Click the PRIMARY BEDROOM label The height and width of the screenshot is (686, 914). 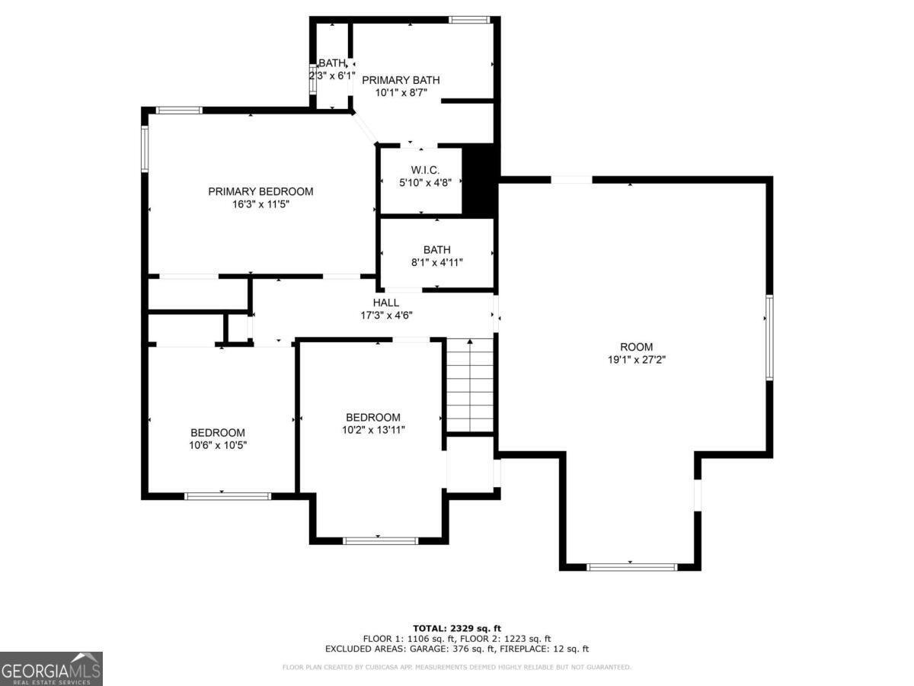(x=260, y=191)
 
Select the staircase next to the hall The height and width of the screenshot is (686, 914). (x=470, y=385)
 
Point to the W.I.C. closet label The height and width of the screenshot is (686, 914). (x=424, y=170)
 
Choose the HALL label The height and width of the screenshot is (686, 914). (x=386, y=303)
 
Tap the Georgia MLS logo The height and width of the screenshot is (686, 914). (x=51, y=668)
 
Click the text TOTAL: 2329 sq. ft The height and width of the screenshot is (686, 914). (x=457, y=628)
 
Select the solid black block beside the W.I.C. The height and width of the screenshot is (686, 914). (x=480, y=181)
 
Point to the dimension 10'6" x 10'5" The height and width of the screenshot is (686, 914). (x=218, y=445)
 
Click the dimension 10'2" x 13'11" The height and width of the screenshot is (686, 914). (x=373, y=430)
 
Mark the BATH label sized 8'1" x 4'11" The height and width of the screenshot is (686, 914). (x=436, y=249)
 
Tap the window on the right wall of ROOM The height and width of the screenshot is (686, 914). (x=769, y=338)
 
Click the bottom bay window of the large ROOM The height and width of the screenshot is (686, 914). (x=631, y=566)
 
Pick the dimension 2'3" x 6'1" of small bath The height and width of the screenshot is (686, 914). (x=332, y=75)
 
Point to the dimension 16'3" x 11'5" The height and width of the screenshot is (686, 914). (x=260, y=204)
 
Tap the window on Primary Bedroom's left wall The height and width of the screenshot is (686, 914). (x=145, y=149)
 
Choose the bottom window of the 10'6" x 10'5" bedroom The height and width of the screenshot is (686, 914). (x=228, y=496)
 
